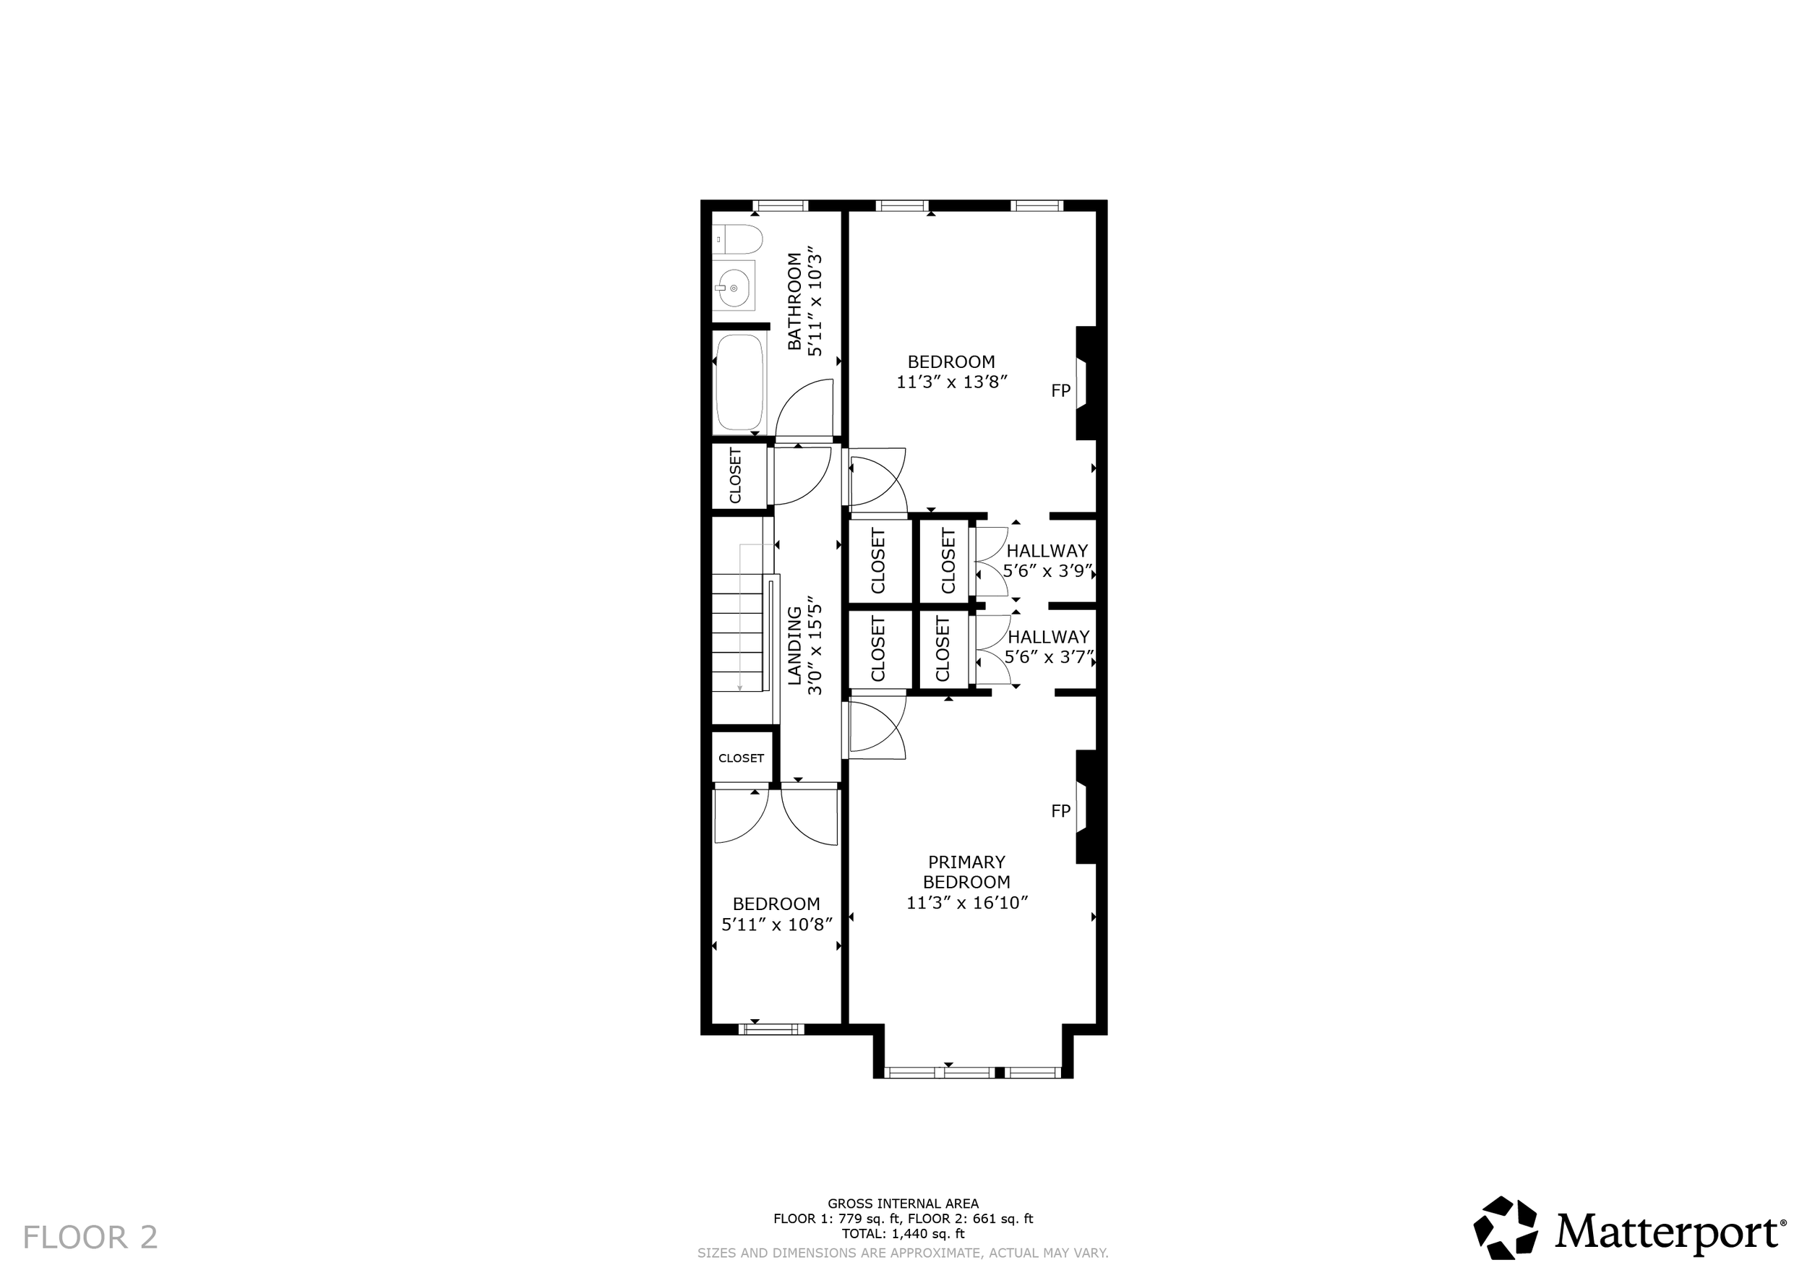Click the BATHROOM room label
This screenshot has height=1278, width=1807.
[x=795, y=302]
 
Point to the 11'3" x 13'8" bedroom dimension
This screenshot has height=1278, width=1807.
[x=951, y=382]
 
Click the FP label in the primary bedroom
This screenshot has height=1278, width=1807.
[x=1061, y=810]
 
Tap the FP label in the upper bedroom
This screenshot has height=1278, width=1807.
[x=1061, y=390]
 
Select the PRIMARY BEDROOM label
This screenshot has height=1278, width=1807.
[x=967, y=872]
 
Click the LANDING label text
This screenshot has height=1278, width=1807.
[x=794, y=646]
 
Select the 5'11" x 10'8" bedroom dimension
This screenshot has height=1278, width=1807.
[x=777, y=925]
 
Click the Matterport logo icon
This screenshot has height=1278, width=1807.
[x=1506, y=1227]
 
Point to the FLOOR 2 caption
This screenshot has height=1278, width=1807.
[x=90, y=1237]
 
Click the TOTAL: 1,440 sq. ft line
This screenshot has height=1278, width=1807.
[x=903, y=1234]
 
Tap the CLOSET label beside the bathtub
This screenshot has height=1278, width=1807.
[x=736, y=476]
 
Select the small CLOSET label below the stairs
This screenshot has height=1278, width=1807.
[x=742, y=758]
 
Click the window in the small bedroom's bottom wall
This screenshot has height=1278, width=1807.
[x=771, y=1029]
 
